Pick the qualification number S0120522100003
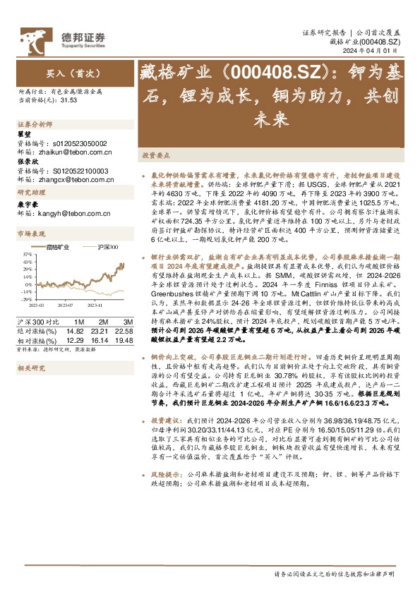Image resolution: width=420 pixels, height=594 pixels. pos(79,171)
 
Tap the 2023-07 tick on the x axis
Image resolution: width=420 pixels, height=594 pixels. pos(65,305)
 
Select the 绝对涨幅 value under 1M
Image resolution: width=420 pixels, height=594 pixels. pos(75,331)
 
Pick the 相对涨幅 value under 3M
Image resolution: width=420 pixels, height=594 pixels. pos(123,340)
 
